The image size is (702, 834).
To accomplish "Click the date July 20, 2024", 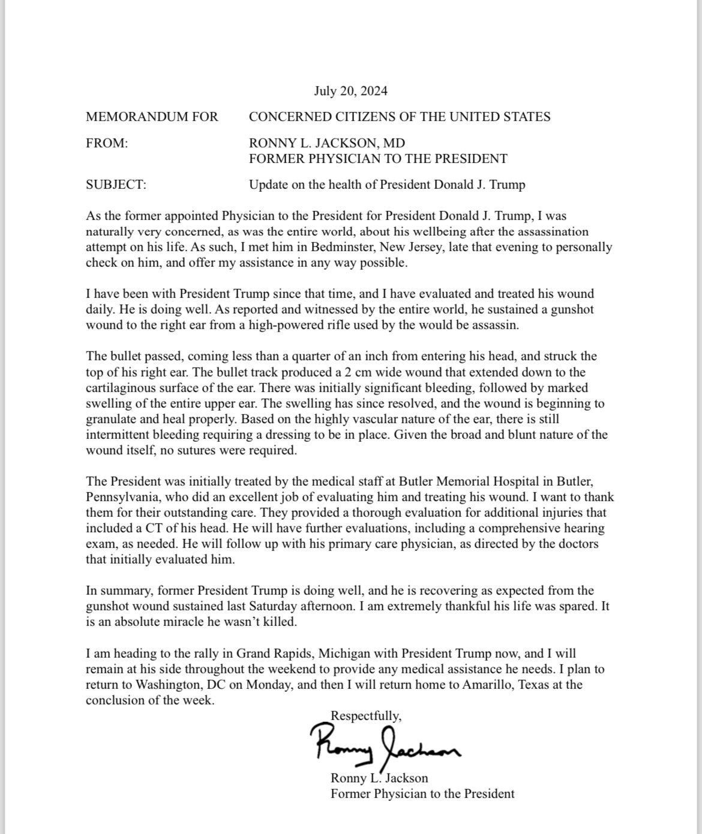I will point(350,91).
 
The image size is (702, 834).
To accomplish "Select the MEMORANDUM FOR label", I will point(152,116).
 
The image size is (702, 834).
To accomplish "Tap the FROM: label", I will point(107,143).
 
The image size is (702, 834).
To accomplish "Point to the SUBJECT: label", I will point(116,185).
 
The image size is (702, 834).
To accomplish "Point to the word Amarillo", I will point(485,684).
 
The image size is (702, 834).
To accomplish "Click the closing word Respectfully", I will point(366,715).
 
